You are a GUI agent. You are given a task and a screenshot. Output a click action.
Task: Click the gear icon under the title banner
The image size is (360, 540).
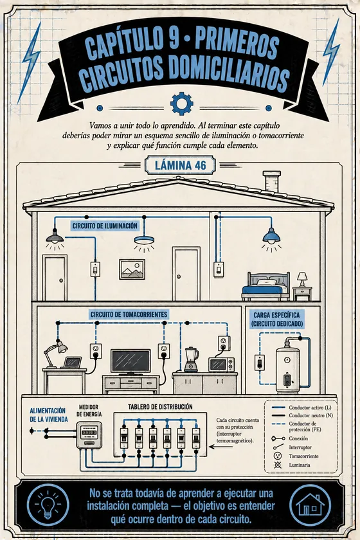click(x=181, y=104)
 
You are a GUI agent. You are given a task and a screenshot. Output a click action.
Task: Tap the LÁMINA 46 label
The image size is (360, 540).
click(x=180, y=165)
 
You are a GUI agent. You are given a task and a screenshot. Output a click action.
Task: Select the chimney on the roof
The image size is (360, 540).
click(x=271, y=181)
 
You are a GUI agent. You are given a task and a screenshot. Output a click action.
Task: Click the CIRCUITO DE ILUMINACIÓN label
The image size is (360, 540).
click(x=105, y=226)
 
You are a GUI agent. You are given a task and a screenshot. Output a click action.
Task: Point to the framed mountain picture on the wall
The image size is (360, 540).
click(x=132, y=269)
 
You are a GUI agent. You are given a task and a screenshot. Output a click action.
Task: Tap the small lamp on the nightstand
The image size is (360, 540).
click(x=302, y=279)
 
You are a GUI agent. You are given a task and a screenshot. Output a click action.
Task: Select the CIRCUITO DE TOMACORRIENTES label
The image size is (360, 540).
click(x=129, y=314)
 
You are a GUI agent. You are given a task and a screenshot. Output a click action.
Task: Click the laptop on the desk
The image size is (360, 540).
click(x=73, y=363)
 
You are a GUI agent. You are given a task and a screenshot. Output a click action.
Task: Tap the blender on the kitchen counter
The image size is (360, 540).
click(x=191, y=359)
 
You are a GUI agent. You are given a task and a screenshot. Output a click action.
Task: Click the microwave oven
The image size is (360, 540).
click(x=221, y=364)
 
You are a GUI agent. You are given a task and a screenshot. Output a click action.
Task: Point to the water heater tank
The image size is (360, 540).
click(x=287, y=370)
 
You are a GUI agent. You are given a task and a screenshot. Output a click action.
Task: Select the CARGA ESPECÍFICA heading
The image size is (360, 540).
click(x=276, y=315)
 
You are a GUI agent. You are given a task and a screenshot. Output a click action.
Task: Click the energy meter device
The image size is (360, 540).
click(x=89, y=435)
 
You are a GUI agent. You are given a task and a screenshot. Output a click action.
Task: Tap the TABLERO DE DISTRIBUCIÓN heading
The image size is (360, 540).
click(x=160, y=407)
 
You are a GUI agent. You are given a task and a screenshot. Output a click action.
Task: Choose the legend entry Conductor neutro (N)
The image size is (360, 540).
click(x=303, y=416)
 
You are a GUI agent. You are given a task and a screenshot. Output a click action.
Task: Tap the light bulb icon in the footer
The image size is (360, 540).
click(x=48, y=505)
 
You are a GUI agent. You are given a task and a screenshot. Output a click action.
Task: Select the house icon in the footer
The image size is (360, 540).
click(x=310, y=505)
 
